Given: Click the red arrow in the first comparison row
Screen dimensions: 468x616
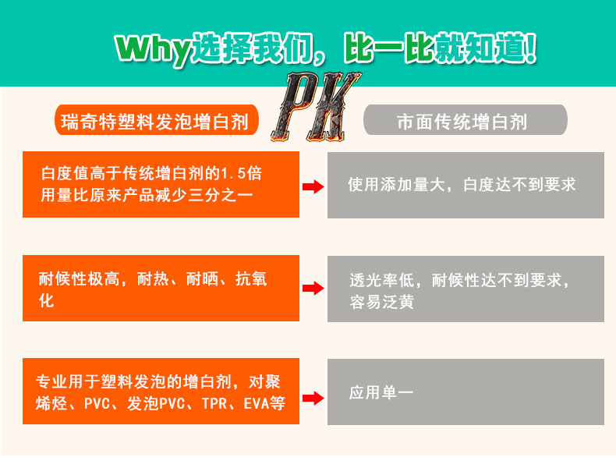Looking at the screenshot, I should click(x=313, y=186).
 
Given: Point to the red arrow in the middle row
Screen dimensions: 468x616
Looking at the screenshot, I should click(x=313, y=289).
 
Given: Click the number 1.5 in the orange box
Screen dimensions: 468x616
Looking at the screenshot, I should click(x=232, y=172).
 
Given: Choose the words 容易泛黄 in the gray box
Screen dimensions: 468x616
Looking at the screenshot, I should click(x=381, y=301).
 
